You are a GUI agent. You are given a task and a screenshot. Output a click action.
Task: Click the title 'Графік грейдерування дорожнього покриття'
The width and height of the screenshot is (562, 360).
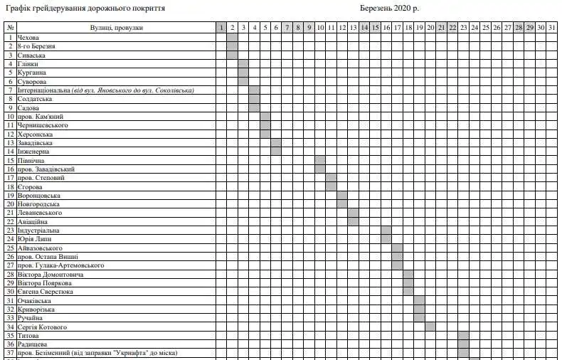click(x=85, y=9)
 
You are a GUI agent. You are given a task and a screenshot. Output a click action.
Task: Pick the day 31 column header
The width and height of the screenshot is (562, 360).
click(x=551, y=28)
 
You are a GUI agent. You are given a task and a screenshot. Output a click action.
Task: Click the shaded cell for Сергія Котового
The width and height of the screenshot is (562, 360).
click(x=430, y=327)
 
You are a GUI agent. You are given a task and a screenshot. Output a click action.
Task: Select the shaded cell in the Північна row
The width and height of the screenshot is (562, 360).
click(x=320, y=160)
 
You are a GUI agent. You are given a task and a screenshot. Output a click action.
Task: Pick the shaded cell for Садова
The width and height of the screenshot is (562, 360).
click(x=254, y=107)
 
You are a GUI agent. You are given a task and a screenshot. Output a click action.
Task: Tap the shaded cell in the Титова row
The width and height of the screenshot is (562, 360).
click(x=463, y=336)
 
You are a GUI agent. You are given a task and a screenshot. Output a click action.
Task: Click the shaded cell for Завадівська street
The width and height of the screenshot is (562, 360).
click(x=276, y=142)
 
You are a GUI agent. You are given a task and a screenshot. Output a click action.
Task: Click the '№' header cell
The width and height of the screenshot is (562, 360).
click(x=11, y=28)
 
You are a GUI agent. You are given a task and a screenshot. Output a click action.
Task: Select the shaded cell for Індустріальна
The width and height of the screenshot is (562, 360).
click(x=386, y=231)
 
